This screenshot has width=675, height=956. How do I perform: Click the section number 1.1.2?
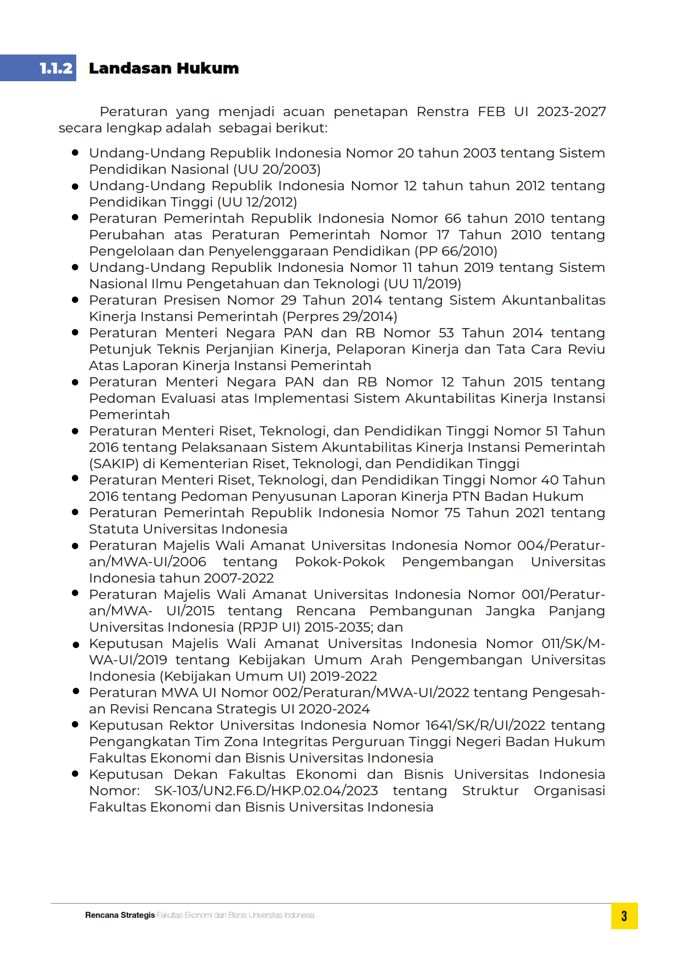click(x=56, y=68)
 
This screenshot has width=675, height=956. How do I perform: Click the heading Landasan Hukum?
click(x=163, y=68)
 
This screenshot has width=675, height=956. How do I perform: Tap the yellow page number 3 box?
click(x=624, y=916)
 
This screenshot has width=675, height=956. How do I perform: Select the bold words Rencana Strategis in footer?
click(x=120, y=915)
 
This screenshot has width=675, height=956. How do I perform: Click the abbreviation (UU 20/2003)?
click(x=277, y=170)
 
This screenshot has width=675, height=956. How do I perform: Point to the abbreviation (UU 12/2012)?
click(x=257, y=202)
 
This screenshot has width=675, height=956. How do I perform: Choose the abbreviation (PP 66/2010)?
click(x=456, y=251)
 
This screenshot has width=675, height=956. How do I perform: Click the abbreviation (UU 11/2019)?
click(x=422, y=284)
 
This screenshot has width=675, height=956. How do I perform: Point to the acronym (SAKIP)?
click(x=113, y=464)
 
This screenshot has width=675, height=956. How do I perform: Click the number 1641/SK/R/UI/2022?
click(x=485, y=725)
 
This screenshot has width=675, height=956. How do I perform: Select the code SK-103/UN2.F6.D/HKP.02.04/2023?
click(x=266, y=791)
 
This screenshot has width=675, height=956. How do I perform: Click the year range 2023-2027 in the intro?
click(x=571, y=112)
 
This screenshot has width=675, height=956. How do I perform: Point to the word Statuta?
click(x=114, y=529)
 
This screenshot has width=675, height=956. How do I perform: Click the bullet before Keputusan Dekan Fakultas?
click(x=75, y=773)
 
